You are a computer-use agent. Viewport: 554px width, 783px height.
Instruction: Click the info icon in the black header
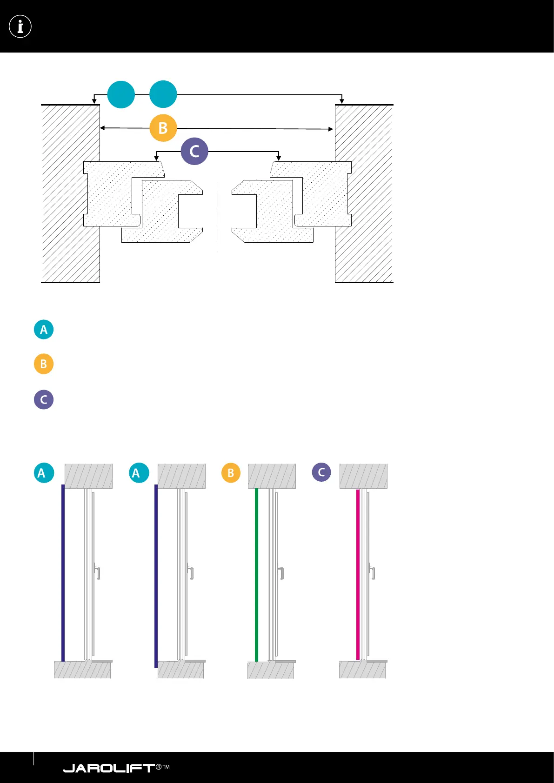(20, 27)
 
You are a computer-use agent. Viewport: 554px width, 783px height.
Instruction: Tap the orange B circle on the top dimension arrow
(163, 128)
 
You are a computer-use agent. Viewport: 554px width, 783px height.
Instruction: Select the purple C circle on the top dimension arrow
(194, 151)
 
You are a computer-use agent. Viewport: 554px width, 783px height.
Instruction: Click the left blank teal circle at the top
(121, 94)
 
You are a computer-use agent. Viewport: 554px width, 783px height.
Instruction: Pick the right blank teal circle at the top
(163, 94)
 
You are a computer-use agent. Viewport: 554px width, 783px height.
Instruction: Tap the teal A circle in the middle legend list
(44, 330)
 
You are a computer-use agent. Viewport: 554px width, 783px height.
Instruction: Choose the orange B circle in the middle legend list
(44, 364)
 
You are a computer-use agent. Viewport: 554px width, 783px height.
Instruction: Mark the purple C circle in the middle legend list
(44, 399)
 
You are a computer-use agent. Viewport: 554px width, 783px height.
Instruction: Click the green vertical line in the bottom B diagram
(256, 574)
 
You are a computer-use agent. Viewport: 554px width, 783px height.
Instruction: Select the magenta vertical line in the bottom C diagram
(358, 574)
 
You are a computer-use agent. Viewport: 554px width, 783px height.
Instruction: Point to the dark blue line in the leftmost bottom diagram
(63, 572)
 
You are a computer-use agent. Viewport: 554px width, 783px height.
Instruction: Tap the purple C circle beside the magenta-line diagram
(321, 472)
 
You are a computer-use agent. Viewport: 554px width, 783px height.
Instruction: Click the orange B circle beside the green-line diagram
(231, 473)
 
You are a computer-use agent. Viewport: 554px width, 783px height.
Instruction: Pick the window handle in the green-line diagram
(280, 572)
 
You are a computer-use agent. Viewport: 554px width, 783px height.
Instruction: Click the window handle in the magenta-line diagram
(372, 572)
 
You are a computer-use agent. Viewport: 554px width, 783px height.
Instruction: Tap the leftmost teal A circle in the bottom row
(44, 473)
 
